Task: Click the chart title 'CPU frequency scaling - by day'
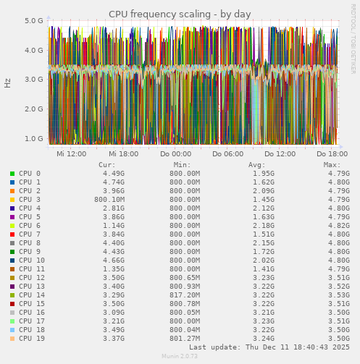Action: click(180, 14)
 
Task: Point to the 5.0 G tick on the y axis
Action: click(34, 21)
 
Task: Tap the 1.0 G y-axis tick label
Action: click(34, 138)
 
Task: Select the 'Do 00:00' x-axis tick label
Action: click(176, 154)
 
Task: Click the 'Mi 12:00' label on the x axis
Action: click(72, 154)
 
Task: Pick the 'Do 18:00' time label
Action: click(332, 154)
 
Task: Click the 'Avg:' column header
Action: click(257, 165)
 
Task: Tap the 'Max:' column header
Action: click(332, 165)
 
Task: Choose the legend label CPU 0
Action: click(30, 174)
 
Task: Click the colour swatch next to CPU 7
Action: click(12, 234)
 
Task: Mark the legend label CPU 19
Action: click(32, 339)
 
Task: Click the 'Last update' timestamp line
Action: click(269, 347)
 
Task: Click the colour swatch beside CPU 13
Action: click(12, 287)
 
